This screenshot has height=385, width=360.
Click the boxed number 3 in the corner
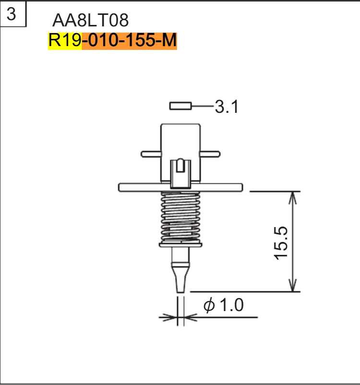pos(12,14)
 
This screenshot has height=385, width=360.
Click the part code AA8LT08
pos(90,21)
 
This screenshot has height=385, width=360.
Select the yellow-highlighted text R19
pos(65,41)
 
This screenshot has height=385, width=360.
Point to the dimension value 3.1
pos(226,107)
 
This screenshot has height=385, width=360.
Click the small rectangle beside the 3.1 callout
pos(180,106)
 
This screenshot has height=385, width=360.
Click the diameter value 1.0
pos(231,305)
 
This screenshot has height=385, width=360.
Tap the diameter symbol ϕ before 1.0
pos(209,306)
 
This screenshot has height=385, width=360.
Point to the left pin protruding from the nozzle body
pos(150,154)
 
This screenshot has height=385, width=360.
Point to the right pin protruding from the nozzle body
pos(210,154)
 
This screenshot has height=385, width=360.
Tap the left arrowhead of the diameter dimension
pos(169,317)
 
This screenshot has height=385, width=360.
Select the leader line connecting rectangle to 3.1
pos(202,106)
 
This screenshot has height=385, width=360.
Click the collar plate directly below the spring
pos(180,244)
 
